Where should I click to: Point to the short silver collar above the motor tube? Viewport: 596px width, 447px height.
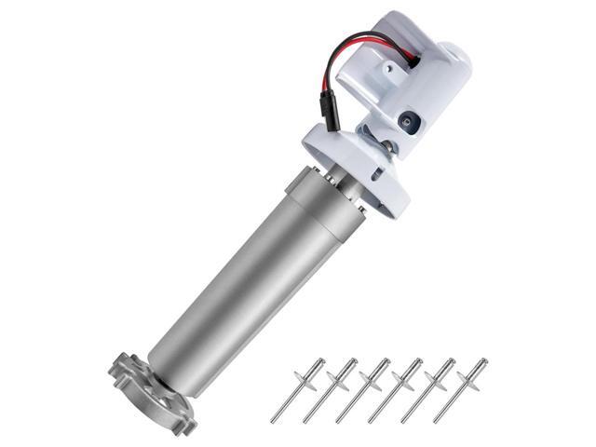coord(320,187)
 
